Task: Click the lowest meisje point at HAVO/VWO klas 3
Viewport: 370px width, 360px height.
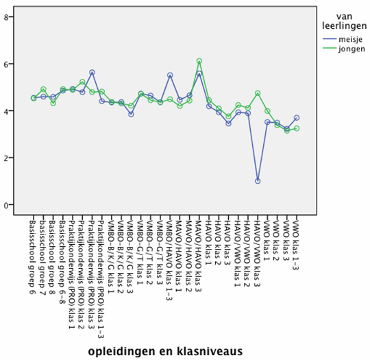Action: (258, 181)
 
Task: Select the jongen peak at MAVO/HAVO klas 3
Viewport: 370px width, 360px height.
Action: (199, 61)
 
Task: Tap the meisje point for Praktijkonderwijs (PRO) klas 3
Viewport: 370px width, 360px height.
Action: (92, 72)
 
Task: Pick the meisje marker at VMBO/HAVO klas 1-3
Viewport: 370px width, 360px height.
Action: (170, 75)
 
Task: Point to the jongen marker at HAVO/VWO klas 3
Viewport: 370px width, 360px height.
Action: (258, 93)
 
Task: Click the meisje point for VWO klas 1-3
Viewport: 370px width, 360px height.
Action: (297, 117)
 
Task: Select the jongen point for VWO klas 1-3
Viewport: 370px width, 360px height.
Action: (297, 128)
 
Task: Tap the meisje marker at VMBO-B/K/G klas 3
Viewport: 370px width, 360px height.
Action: (131, 114)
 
